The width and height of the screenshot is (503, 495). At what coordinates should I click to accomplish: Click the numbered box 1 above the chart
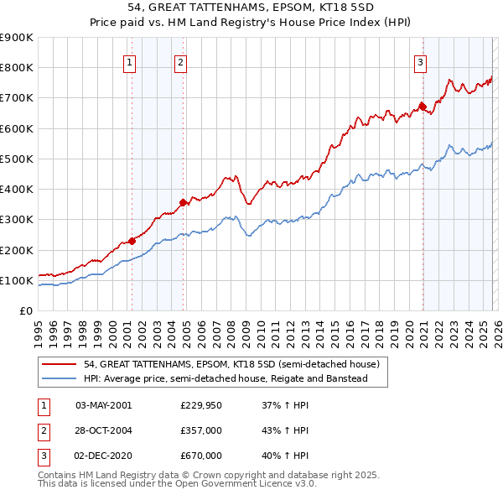click(x=130, y=61)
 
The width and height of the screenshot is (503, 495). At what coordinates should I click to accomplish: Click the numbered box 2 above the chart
click(x=181, y=61)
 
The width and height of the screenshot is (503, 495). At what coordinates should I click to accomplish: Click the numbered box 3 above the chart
click(x=420, y=61)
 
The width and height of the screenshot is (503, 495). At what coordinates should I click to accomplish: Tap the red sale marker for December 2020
click(x=423, y=107)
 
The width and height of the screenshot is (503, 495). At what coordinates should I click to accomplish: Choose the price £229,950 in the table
click(x=200, y=405)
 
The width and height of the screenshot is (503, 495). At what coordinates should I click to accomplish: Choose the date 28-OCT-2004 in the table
click(x=103, y=430)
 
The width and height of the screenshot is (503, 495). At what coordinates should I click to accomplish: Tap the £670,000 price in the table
click(x=200, y=456)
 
